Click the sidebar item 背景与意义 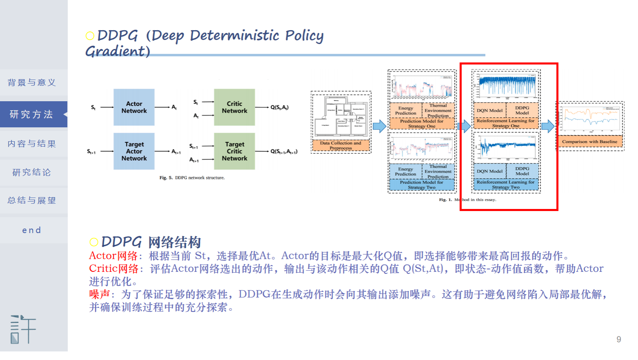(x=32, y=83)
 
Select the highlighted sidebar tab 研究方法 (x=32, y=114)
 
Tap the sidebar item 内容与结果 (x=32, y=144)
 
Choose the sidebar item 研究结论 (x=32, y=172)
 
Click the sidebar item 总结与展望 (x=32, y=200)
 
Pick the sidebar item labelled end (x=32, y=230)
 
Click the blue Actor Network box (x=134, y=107)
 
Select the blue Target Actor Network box (x=134, y=151)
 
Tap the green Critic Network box (x=234, y=107)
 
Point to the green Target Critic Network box (x=234, y=151)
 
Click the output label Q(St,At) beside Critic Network (x=279, y=107)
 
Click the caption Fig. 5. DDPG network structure (x=192, y=178)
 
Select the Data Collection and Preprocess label (x=341, y=145)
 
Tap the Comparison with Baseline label (x=589, y=142)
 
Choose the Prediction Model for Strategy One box (x=422, y=124)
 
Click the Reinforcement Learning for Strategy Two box (x=506, y=184)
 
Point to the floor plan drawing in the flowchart (x=341, y=117)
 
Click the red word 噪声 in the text (x=100, y=294)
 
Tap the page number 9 (x=619, y=339)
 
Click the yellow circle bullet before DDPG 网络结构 (x=94, y=242)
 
